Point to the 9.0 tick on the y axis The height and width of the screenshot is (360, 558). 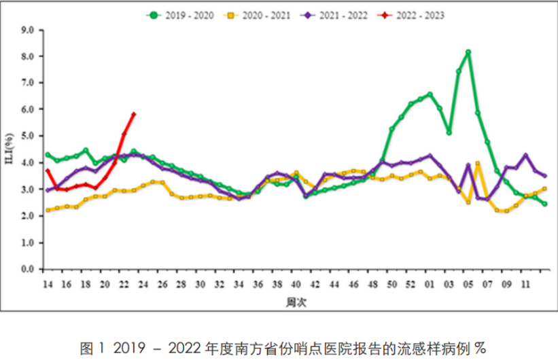pos(28,30)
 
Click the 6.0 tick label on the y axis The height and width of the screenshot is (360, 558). pos(28,109)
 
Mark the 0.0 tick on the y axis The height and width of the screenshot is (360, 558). pos(28,269)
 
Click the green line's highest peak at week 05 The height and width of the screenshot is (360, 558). pos(468,52)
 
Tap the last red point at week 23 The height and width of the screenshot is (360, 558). pos(134,113)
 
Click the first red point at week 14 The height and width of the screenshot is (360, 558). pos(48,170)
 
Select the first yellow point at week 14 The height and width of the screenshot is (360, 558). pos(48,210)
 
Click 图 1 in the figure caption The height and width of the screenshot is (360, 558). pos(90,348)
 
